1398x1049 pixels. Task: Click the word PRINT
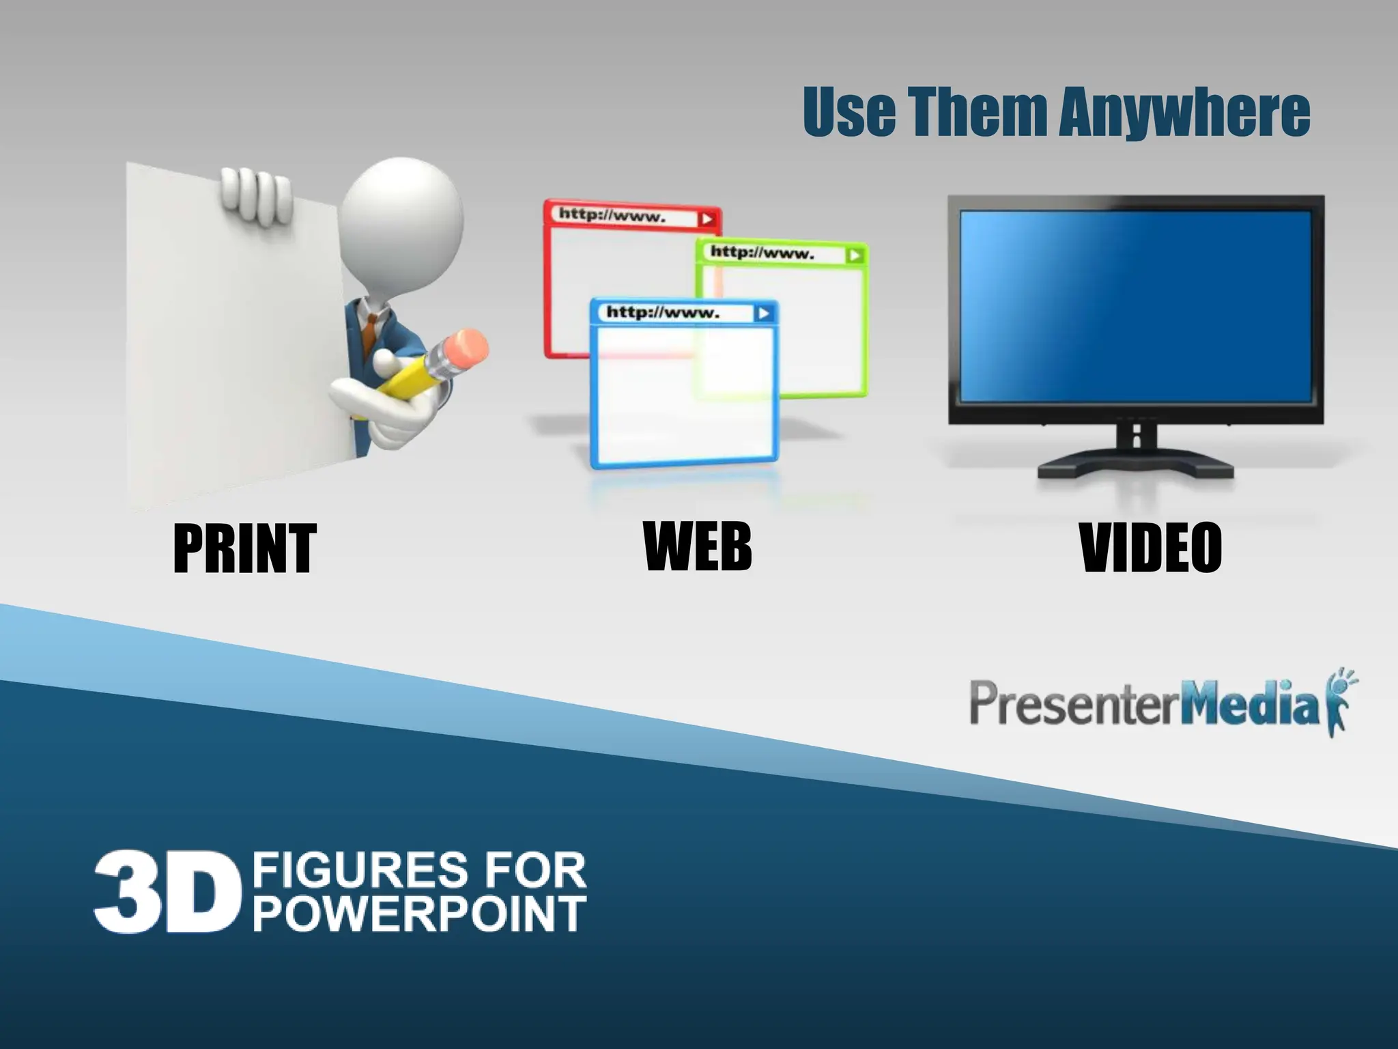point(244,548)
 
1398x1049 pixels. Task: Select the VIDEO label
point(1150,547)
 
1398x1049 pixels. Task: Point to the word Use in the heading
point(848,112)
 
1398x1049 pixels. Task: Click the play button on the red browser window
point(707,219)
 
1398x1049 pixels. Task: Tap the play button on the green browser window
point(854,255)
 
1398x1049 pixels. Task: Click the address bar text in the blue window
point(663,313)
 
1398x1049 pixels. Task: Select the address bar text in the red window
point(612,216)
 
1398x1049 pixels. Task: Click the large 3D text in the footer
point(168,891)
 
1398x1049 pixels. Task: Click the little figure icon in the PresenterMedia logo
point(1339,703)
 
